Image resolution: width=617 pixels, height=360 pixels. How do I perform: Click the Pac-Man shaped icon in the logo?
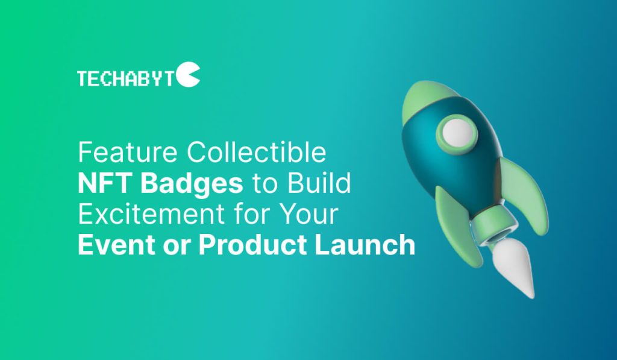[x=188, y=74]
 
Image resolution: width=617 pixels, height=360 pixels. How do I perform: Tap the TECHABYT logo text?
[x=125, y=78]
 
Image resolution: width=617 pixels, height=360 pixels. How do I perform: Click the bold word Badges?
[x=192, y=185]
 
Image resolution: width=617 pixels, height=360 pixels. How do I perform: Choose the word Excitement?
[x=151, y=214]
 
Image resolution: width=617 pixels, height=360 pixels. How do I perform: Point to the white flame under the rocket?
[x=516, y=270]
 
